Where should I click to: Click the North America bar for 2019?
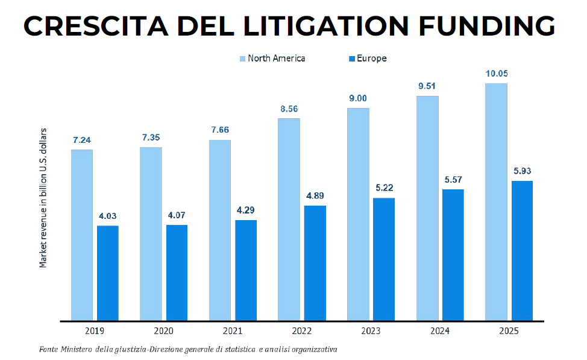click(x=82, y=235)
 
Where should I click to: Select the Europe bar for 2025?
click(x=522, y=250)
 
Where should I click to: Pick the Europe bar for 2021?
click(x=246, y=270)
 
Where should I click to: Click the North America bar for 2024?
click(x=427, y=208)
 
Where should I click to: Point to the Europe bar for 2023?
click(x=384, y=259)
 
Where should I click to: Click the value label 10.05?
click(x=497, y=74)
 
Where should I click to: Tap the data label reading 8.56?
click(x=289, y=109)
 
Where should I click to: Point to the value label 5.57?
click(x=453, y=180)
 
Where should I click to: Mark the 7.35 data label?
click(x=151, y=137)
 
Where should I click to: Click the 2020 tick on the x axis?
click(x=163, y=331)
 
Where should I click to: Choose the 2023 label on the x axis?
click(x=370, y=331)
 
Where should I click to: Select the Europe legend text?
click(x=371, y=58)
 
